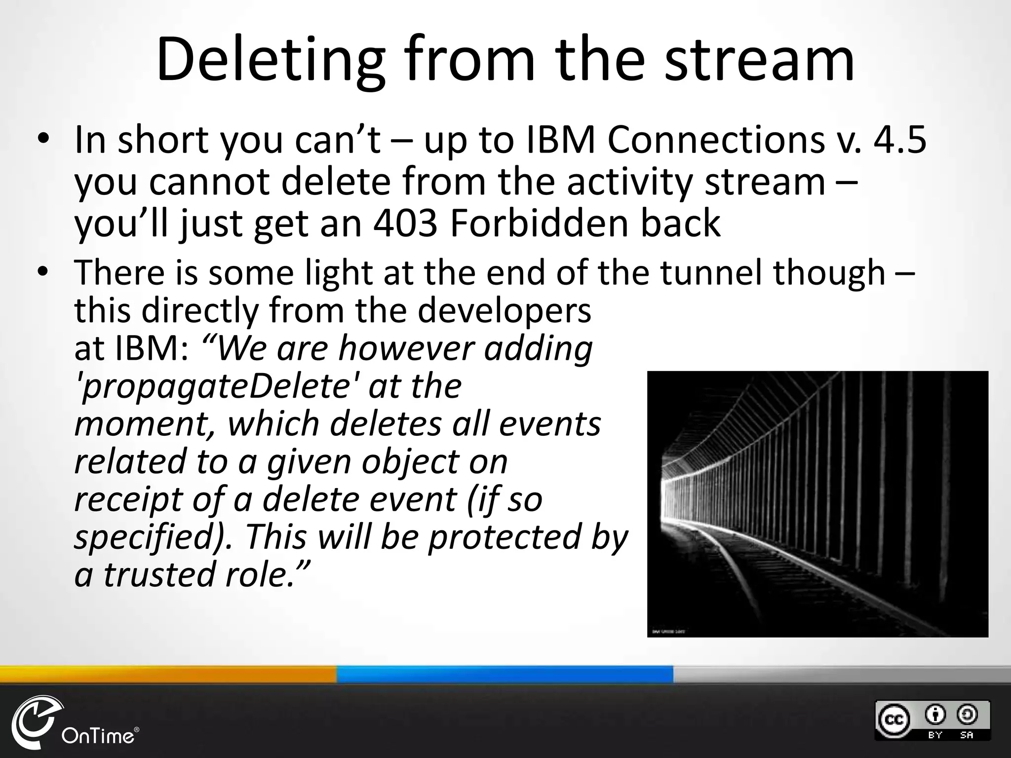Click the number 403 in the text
[x=405, y=223]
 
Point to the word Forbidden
[x=540, y=223]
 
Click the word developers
[x=504, y=310]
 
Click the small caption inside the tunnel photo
[x=668, y=631]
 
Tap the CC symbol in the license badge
[x=894, y=720]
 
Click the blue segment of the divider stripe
[x=505, y=674]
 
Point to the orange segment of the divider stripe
[x=168, y=674]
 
